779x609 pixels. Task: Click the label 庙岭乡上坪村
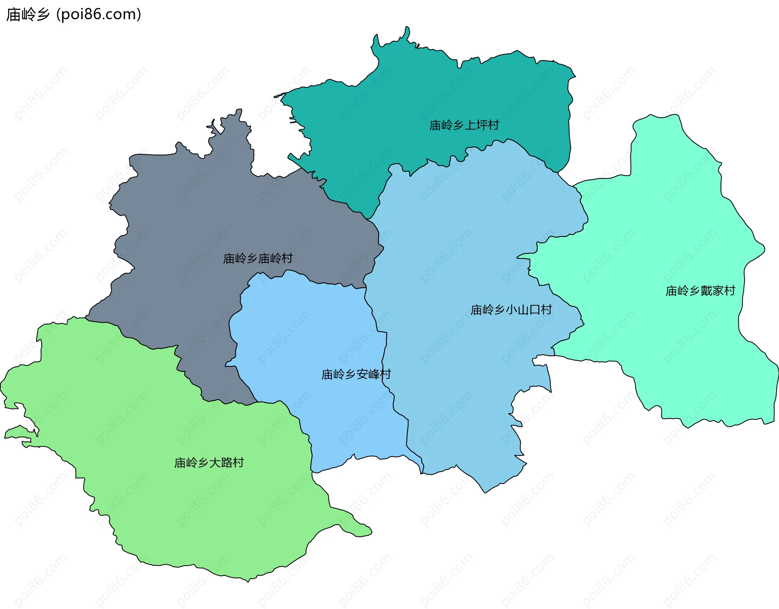pos(464,125)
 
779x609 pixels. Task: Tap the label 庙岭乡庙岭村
pos(258,258)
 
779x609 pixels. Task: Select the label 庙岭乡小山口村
pos(511,310)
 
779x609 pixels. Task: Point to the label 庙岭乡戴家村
pos(700,291)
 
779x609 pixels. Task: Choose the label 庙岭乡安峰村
pos(356,374)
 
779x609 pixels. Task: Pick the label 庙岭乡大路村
pos(209,463)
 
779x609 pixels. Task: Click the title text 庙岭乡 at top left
pos(28,15)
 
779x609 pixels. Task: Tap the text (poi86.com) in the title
pos(99,15)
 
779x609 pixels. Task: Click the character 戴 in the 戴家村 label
pos(706,291)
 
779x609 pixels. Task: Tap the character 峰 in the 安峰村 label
pos(374,374)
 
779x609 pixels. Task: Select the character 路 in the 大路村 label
pos(226,463)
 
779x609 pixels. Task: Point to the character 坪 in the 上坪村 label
pos(481,125)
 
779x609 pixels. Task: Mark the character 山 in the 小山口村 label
pos(523,310)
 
